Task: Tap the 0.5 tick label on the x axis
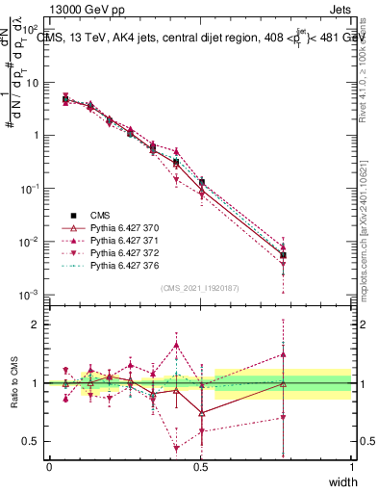pyautogui.click(x=200, y=467)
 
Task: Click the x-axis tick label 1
pyautogui.click(x=352, y=467)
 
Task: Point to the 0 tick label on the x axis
pyautogui.click(x=49, y=467)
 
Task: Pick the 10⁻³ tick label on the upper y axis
pyautogui.click(x=31, y=294)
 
